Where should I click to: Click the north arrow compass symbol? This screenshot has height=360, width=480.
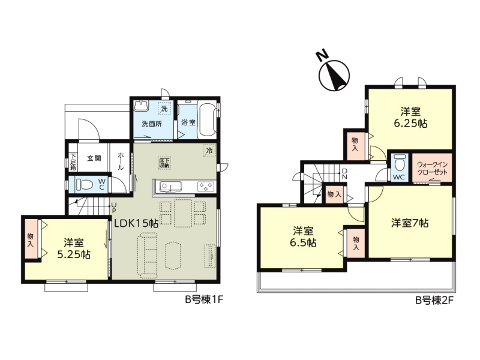coord(334,76)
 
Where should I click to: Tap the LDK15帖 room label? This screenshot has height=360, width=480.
coord(136,223)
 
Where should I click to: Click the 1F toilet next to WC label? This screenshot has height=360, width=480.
coord(85,184)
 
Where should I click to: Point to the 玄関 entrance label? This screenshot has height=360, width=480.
coord(94,158)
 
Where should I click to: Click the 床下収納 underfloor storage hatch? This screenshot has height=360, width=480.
coord(164,163)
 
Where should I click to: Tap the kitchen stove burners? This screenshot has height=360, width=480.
coord(206,187)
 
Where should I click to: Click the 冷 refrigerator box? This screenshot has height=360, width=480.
coord(209,151)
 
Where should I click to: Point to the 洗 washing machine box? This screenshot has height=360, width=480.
coord(164,109)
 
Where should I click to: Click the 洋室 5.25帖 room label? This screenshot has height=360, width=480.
coord(74,248)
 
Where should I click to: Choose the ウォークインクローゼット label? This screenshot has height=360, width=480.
coord(432,168)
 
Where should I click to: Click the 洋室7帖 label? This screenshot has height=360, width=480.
coord(410,223)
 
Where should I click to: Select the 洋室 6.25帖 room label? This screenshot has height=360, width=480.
coord(410,117)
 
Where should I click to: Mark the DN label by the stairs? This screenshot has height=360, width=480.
coord(344,173)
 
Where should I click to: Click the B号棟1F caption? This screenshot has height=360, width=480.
coord(204,299)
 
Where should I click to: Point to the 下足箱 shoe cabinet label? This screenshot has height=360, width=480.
coord(73,161)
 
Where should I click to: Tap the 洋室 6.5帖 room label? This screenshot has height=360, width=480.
coord(303,236)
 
